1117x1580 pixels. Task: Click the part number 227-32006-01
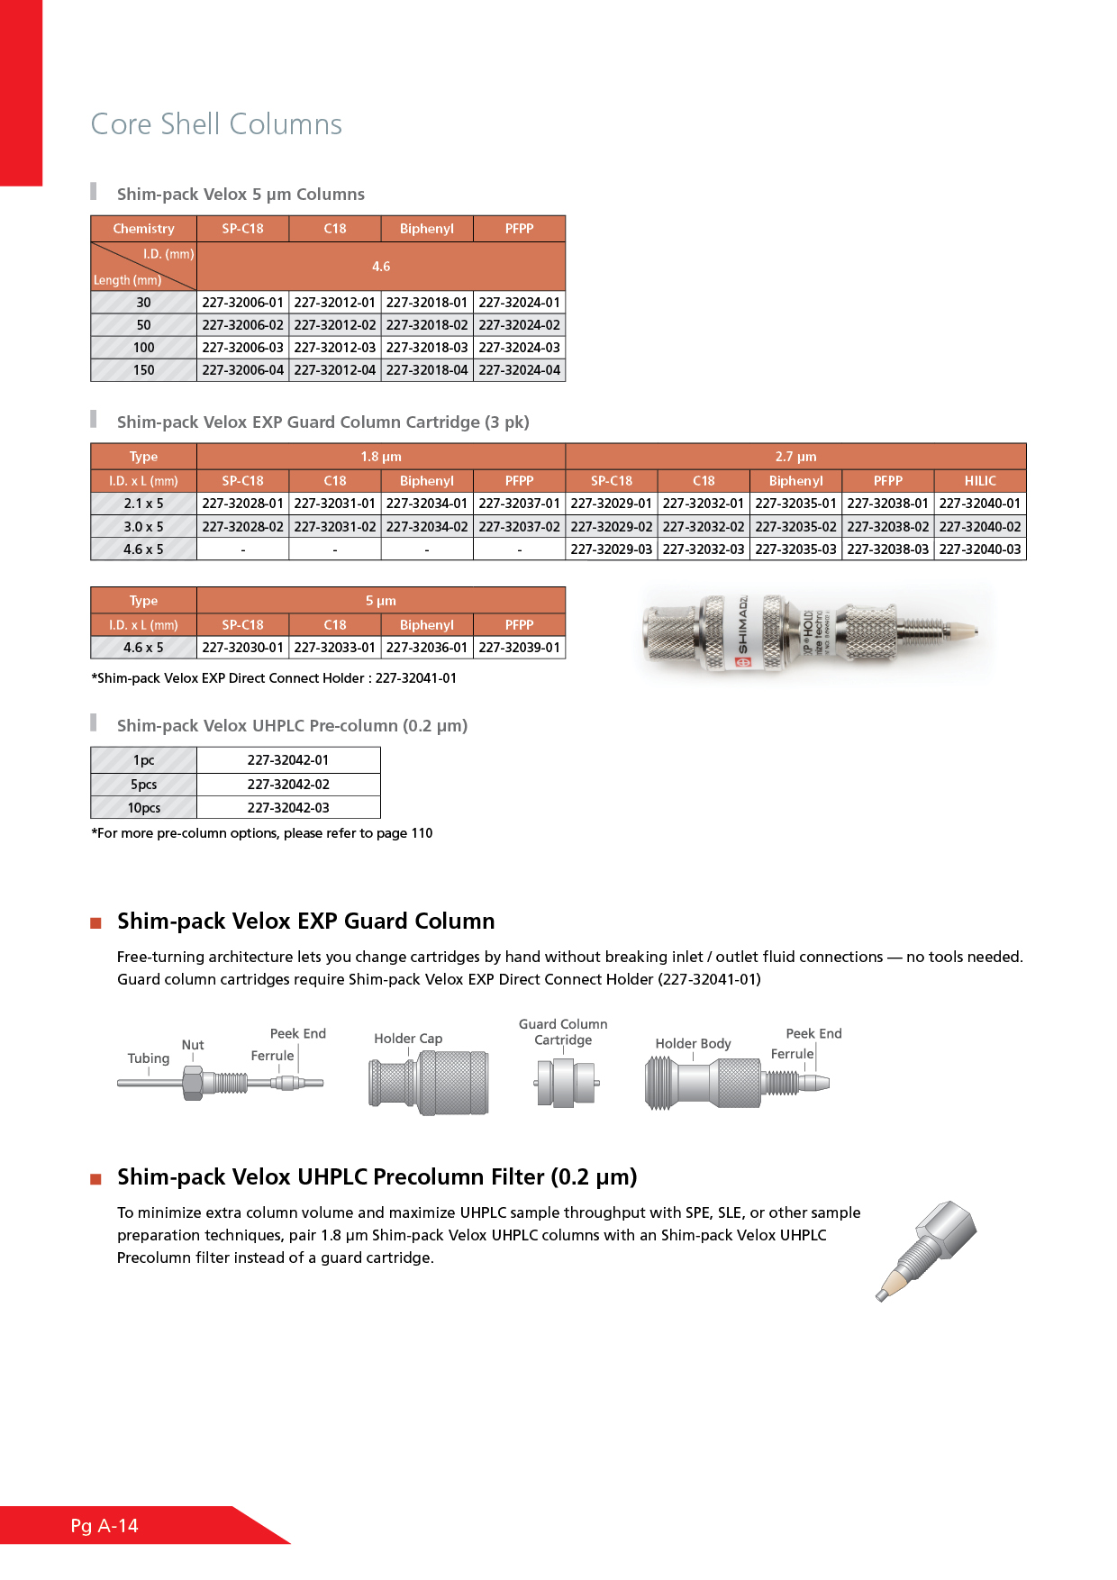point(242,303)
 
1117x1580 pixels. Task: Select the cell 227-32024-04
point(519,370)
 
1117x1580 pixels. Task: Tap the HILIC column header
point(980,481)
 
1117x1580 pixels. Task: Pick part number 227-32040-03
point(980,549)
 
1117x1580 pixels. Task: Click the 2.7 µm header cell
point(795,457)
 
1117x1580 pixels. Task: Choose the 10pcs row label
point(144,808)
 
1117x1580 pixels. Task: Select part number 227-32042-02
point(288,785)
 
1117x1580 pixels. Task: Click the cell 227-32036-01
point(427,648)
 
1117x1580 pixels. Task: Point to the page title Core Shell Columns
point(216,124)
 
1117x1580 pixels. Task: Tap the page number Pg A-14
point(104,1525)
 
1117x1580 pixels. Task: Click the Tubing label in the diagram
point(149,1058)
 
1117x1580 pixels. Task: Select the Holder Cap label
point(408,1039)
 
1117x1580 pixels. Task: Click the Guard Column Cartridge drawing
point(565,1083)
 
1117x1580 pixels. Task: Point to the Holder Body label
point(693,1043)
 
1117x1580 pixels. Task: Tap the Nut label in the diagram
point(193,1045)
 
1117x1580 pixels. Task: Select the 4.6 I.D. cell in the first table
point(381,267)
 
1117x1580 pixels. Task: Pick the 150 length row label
point(144,370)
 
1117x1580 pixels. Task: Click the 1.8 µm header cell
point(381,457)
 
